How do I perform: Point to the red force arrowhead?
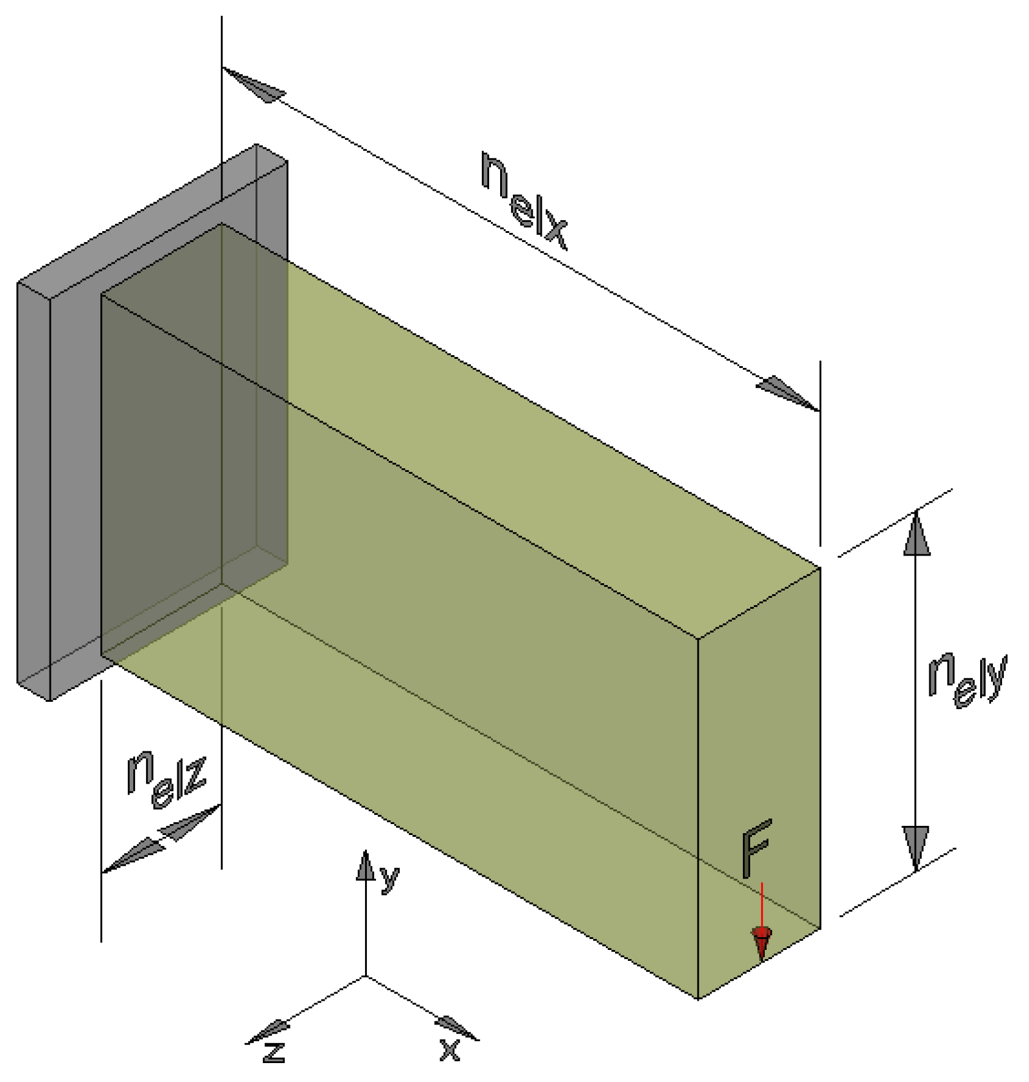click(x=761, y=942)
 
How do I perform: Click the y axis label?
click(x=389, y=878)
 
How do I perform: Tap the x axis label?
click(x=449, y=1049)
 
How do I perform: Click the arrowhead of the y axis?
click(x=365, y=866)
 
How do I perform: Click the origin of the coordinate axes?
click(x=366, y=976)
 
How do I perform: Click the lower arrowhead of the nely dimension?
click(x=916, y=847)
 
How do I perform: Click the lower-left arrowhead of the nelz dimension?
click(x=132, y=856)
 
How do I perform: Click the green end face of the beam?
click(x=759, y=764)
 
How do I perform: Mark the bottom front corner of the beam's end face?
click(x=698, y=999)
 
